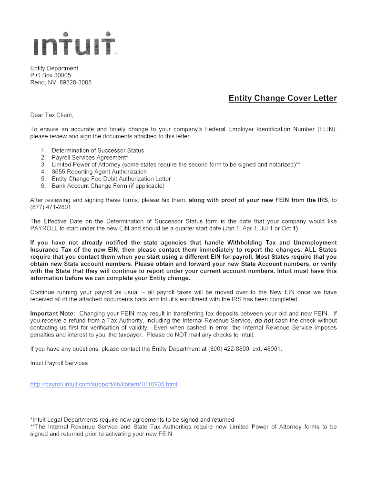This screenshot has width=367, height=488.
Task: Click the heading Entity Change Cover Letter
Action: tap(283, 99)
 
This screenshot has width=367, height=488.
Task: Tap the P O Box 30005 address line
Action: tap(51, 75)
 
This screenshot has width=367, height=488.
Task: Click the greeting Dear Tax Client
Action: tap(52, 115)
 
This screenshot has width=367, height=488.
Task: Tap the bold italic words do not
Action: tap(264, 321)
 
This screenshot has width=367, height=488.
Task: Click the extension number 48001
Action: tap(274, 349)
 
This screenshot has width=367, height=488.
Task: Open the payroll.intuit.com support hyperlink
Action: tap(103, 384)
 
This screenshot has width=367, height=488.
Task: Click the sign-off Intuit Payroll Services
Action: tap(59, 363)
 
